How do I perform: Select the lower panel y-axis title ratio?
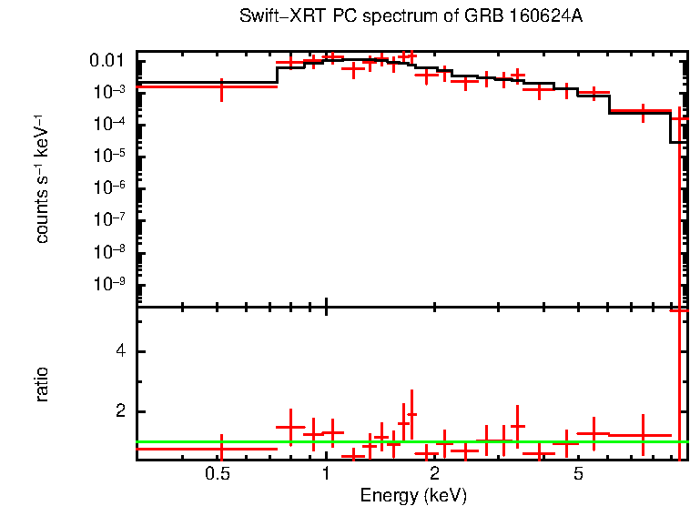pos(42,384)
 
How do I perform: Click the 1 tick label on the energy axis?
pos(326,474)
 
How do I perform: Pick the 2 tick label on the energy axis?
pos(435,474)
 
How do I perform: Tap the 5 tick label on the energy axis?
pos(578,474)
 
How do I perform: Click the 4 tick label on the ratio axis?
pos(117,352)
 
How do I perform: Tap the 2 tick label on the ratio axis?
pos(117,412)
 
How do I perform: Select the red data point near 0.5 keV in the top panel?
pos(221,87)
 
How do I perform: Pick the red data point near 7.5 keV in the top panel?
pos(643,112)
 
